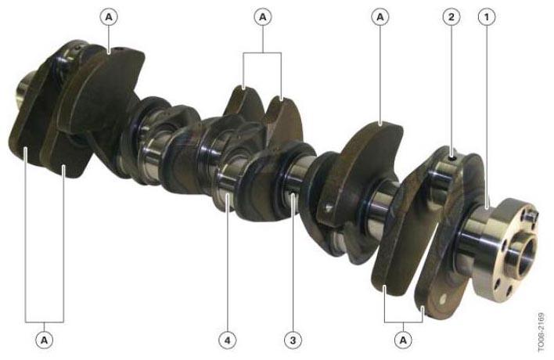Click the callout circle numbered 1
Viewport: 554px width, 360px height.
(487, 16)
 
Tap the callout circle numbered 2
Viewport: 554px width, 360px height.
(451, 16)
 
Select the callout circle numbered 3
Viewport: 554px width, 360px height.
(293, 340)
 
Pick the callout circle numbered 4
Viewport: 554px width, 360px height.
(227, 340)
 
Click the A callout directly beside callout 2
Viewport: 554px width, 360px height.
(380, 16)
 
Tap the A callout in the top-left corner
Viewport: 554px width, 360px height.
(109, 16)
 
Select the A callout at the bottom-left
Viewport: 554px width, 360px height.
(44, 340)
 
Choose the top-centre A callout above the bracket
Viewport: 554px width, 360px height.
(262, 16)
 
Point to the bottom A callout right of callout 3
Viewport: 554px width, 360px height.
(403, 340)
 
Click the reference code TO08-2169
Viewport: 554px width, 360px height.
(541, 332)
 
